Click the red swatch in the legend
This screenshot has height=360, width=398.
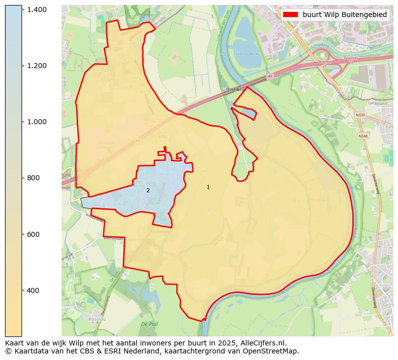pyautogui.click(x=290, y=15)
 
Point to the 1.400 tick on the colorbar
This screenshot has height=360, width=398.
pyautogui.click(x=37, y=10)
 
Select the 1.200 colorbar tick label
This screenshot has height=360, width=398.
pyautogui.click(x=37, y=66)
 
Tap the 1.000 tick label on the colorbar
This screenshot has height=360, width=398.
pyautogui.click(x=37, y=122)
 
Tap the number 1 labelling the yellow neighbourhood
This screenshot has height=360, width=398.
pyautogui.click(x=208, y=187)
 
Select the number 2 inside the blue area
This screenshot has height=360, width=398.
pyautogui.click(x=148, y=190)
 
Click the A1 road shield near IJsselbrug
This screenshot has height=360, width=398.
pyautogui.click(x=270, y=76)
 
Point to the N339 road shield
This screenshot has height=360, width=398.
pyautogui.click(x=360, y=115)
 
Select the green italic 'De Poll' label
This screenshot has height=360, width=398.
pyautogui.click(x=149, y=324)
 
